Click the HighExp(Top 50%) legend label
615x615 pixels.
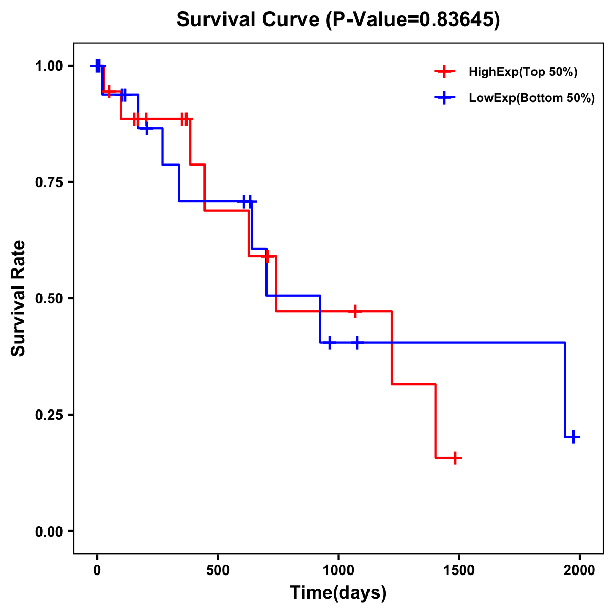523,72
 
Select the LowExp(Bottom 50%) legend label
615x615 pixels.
532,98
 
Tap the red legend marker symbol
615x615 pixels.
445,72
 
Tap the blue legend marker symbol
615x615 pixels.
445,98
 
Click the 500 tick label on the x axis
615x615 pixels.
218,570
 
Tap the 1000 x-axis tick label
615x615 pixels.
338,570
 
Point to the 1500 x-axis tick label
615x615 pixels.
459,570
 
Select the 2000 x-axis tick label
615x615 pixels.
580,570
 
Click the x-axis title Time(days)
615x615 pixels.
338,593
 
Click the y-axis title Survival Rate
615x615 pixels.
19,298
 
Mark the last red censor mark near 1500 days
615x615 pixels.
455,458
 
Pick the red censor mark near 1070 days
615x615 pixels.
355,311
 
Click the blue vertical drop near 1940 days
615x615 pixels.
565,389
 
